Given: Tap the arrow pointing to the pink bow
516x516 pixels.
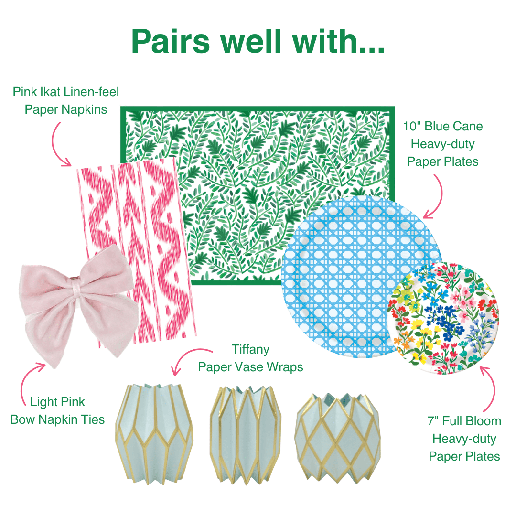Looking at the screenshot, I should point(31,380).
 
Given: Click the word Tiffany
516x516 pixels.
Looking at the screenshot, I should point(251,349).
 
